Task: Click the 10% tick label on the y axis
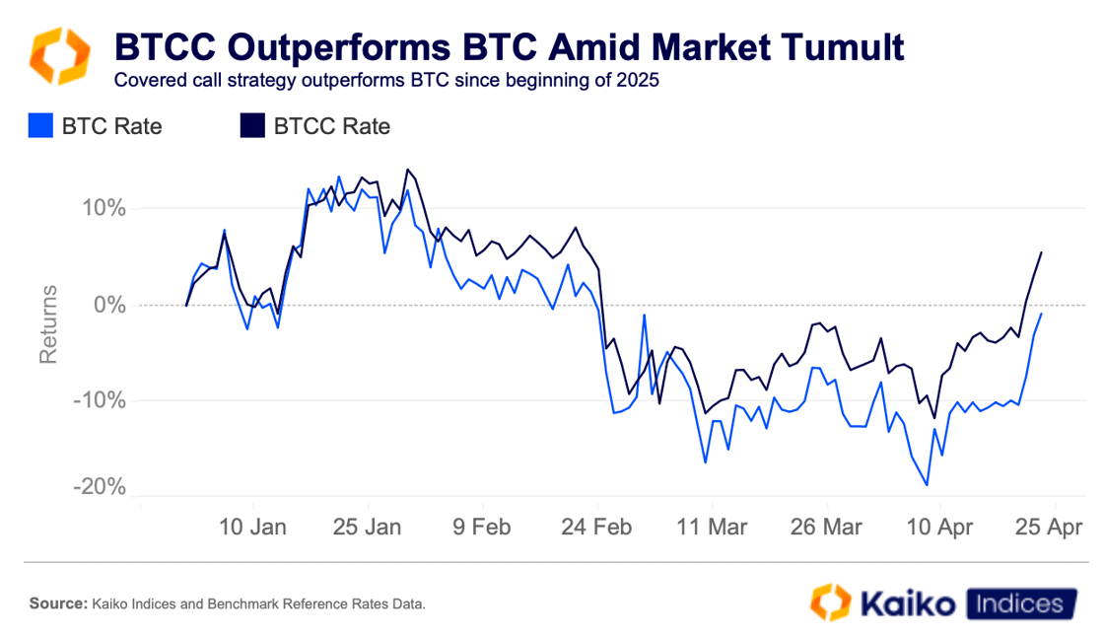tap(98, 209)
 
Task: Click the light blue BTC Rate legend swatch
tap(40, 126)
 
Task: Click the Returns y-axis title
tap(48, 325)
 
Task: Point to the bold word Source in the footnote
tap(57, 603)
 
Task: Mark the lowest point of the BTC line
tap(927, 484)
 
